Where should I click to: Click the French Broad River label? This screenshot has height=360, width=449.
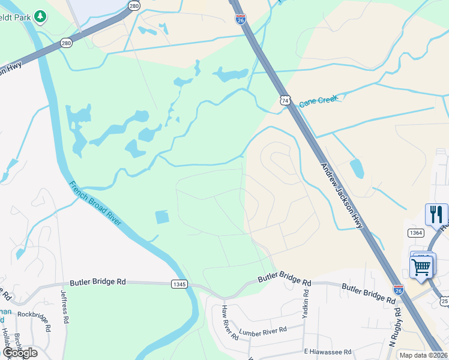[x=95, y=203]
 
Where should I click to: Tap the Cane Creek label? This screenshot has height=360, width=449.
[x=319, y=100]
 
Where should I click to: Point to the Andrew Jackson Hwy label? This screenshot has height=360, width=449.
[x=342, y=196]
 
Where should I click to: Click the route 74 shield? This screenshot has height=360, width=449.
[x=285, y=100]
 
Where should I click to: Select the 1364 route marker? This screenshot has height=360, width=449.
[x=415, y=232]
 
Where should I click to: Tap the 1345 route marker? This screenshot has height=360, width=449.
[x=179, y=283]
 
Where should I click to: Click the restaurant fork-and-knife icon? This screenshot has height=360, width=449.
[x=436, y=214]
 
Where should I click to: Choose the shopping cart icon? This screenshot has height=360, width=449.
[x=422, y=266]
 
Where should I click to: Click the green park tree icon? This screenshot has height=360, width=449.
[x=40, y=16]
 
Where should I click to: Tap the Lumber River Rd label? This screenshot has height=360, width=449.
[x=263, y=331]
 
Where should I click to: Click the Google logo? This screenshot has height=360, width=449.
[x=19, y=352]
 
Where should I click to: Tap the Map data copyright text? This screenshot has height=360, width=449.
[x=424, y=355]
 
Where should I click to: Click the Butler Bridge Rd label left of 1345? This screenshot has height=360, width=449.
[x=106, y=281]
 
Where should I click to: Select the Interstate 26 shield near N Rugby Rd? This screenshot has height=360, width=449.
[x=398, y=290]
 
